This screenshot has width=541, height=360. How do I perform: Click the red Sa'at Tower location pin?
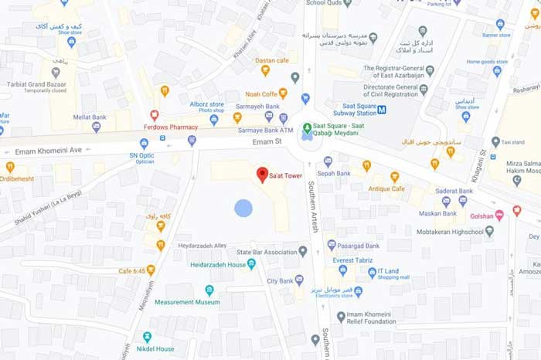click(x=262, y=174)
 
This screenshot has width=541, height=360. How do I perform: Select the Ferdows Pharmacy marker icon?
click(x=155, y=114)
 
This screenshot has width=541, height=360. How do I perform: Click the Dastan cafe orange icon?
click(x=265, y=70)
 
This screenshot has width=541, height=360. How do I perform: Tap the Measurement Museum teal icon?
click(x=209, y=290)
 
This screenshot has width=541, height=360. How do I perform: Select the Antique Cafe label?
click(x=386, y=188)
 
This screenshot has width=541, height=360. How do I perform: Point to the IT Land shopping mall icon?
click(x=372, y=272)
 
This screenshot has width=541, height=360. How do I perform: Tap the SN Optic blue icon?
click(x=144, y=144)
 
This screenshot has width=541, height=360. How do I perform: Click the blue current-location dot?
click(x=243, y=208)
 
